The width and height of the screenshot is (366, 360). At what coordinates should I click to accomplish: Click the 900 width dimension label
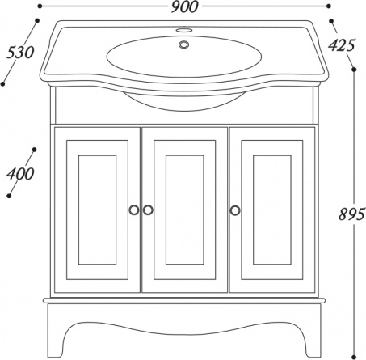point(184,7)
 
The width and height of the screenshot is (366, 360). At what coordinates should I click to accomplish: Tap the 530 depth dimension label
point(20,53)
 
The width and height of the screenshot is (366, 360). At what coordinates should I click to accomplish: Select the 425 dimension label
point(341,45)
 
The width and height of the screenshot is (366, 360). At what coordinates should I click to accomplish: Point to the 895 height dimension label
point(351,214)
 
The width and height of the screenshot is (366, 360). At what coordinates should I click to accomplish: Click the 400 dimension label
point(20,174)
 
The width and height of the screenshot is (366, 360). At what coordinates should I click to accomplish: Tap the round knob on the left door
point(134,210)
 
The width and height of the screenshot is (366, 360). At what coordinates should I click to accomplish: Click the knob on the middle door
point(148,210)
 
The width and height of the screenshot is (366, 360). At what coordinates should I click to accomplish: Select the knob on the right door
point(235,210)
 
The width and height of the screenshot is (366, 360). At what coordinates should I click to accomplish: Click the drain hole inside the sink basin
point(184,44)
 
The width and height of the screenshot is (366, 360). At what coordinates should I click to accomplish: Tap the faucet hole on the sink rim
point(184,30)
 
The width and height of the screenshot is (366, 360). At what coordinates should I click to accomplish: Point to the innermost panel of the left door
point(97,210)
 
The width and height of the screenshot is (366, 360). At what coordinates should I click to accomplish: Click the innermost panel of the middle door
point(184,210)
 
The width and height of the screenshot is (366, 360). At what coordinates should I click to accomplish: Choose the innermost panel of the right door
point(272,210)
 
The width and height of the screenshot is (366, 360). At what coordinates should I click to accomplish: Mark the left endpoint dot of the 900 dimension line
point(40,6)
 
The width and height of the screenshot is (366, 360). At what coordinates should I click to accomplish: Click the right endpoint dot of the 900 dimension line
point(328,6)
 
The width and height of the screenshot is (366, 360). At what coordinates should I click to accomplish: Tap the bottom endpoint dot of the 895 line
point(355,357)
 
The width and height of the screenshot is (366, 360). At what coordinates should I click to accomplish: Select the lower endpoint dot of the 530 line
point(3,84)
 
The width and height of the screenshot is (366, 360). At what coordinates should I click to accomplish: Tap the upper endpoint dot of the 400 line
point(34,150)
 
